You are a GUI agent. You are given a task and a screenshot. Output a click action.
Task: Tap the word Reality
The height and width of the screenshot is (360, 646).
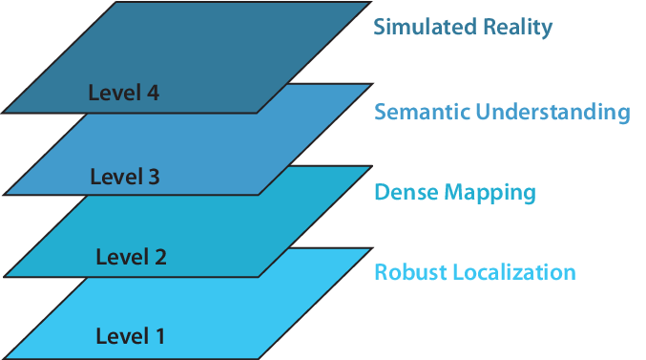point(518,29)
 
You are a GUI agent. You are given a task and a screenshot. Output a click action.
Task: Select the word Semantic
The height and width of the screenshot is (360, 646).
point(423,112)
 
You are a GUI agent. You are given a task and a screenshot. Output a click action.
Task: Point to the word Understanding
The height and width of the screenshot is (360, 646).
point(552,113)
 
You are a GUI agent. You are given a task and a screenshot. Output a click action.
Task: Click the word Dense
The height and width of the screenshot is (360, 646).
point(406,192)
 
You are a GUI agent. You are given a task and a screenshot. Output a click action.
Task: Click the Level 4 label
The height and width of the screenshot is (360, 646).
point(124,93)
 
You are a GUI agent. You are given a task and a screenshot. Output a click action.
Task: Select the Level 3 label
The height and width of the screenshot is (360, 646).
point(124,177)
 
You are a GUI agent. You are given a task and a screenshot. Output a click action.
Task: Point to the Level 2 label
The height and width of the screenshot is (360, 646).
point(131,257)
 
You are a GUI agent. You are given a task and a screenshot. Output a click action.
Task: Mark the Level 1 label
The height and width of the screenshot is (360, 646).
point(130,336)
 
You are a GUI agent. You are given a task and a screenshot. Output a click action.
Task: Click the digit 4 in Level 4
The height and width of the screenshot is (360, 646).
point(153,93)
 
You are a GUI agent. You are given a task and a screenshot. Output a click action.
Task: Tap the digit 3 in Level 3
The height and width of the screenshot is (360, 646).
point(154,177)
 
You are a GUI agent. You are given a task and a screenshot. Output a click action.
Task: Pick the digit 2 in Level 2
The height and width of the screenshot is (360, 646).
point(160,257)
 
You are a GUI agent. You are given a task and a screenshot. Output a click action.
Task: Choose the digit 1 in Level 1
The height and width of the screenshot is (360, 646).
point(160,336)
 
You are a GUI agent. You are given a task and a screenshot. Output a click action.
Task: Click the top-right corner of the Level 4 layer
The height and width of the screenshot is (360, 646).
point(371,2)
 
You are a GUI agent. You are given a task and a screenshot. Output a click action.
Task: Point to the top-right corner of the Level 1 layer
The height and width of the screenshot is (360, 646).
point(373,248)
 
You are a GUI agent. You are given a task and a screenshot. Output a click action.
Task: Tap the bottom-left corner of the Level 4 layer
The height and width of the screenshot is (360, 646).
point(2,113)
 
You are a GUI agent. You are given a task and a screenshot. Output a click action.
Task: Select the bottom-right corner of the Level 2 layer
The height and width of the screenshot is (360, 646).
point(259,277)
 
